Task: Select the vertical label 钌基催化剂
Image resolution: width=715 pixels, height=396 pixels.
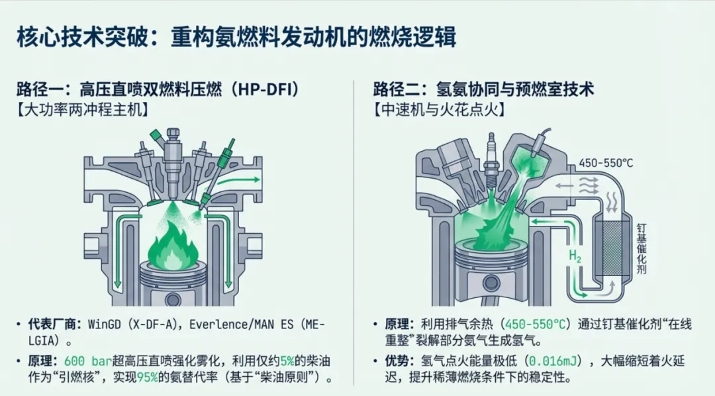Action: click(641, 248)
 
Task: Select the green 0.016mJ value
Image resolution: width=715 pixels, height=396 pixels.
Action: click(551, 362)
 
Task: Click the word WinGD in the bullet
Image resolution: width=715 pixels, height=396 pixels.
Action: click(107, 324)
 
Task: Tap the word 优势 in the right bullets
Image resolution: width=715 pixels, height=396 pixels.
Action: click(400, 362)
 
